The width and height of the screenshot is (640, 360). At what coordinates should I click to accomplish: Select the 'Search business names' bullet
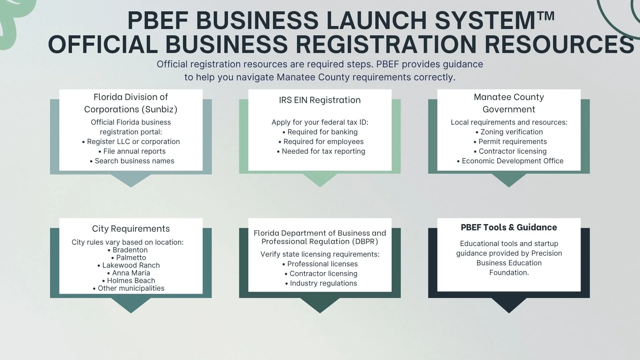[132, 161]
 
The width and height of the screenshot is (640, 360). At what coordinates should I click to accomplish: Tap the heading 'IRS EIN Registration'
[320, 100]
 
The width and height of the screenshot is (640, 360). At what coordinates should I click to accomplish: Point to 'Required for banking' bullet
[320, 132]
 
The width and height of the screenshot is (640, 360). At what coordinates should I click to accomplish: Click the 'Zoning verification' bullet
[509, 132]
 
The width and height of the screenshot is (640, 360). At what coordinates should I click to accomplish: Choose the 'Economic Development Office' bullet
[510, 161]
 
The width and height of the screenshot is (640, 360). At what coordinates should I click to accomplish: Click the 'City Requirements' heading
[131, 229]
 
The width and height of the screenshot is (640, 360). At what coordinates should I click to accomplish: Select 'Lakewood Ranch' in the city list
[129, 265]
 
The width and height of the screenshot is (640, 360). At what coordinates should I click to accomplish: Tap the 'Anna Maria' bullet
[129, 273]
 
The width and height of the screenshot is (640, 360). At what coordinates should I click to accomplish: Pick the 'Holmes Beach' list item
[129, 281]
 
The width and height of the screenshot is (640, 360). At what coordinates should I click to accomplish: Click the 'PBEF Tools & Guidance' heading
[509, 227]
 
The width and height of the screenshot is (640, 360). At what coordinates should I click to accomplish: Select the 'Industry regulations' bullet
[321, 283]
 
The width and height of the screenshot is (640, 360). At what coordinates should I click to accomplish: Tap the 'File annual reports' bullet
[132, 151]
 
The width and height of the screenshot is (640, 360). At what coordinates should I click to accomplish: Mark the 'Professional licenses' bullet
[320, 264]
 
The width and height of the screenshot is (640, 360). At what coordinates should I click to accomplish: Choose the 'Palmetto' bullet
[129, 258]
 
